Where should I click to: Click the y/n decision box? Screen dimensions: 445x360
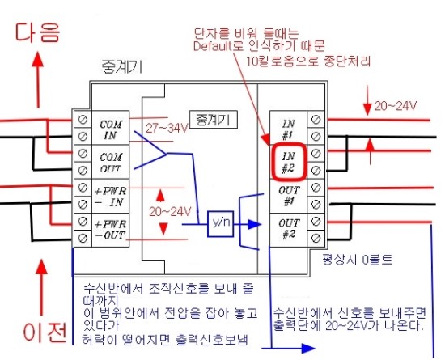point(221,223)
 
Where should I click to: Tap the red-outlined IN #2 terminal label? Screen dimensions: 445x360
point(289,163)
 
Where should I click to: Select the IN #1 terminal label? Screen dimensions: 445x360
point(288,129)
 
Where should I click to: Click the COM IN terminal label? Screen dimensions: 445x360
point(111,129)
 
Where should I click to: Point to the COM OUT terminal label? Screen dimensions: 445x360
point(111,163)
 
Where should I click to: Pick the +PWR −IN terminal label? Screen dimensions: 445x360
point(110,197)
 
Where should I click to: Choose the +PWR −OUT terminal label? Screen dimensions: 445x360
point(110,230)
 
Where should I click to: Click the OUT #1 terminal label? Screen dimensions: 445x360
point(289,196)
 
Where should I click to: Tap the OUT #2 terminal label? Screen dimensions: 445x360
point(289,229)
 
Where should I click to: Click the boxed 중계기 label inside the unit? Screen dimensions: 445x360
point(214,120)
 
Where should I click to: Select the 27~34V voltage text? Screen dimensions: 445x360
point(167,129)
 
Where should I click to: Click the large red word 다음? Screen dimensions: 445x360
point(37,32)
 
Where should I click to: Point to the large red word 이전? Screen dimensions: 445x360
point(45,332)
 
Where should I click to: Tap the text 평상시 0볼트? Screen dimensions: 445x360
point(358,260)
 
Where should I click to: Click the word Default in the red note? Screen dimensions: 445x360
point(213,46)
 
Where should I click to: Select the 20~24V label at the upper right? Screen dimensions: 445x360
point(396,106)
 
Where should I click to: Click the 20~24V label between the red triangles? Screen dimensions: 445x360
point(170,212)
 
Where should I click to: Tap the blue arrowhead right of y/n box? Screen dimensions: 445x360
point(254,224)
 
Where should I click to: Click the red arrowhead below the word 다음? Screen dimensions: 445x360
point(38,59)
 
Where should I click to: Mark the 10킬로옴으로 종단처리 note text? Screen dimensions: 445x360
point(308,61)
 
